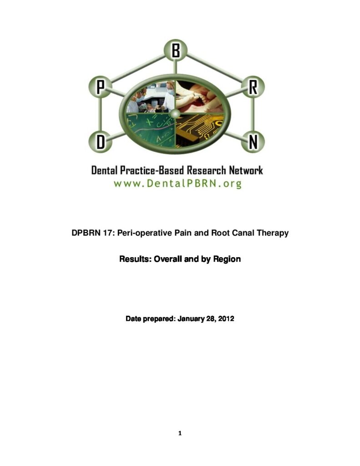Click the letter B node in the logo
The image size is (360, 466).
coord(175,51)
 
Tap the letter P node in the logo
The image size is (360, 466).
coord(101,87)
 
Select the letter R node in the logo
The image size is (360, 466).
coord(253,87)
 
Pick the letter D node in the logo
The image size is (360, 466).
coord(101,142)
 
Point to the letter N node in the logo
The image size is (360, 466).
coord(253,142)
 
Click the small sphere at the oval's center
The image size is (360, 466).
coord(176,113)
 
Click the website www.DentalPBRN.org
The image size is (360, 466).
coord(177,184)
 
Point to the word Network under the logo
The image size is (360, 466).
coord(246,171)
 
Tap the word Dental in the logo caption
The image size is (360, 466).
coord(104,171)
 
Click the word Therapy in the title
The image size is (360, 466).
coord(273,233)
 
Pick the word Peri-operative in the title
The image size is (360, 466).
coord(145,233)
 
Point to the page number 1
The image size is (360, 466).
coord(180,433)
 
